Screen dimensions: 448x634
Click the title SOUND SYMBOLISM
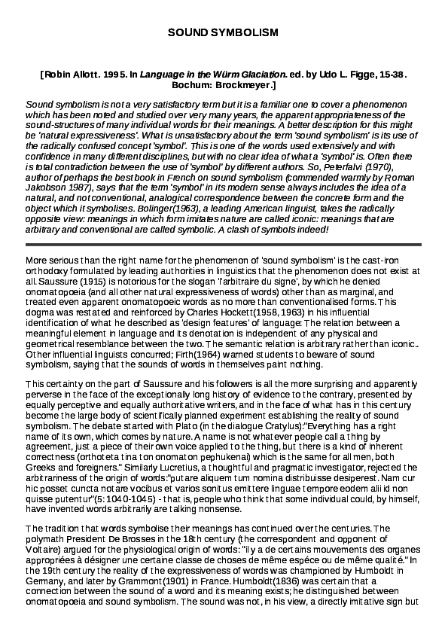[223, 34]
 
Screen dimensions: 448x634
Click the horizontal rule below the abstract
[223, 245]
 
